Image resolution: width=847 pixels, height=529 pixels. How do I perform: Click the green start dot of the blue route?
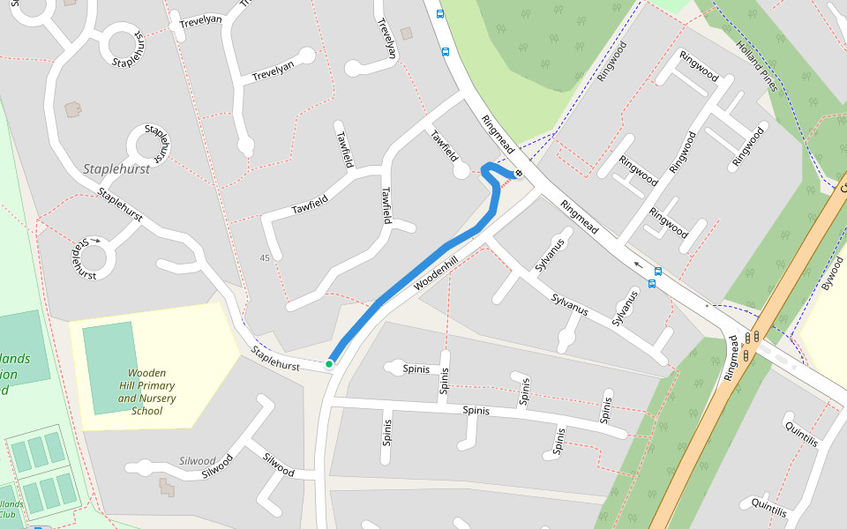[x=329, y=363]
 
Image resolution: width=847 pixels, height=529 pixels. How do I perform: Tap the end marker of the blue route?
[x=519, y=173]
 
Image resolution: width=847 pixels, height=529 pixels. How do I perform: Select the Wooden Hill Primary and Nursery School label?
[x=146, y=391]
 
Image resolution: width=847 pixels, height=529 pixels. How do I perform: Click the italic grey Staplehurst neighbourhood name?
[x=116, y=168]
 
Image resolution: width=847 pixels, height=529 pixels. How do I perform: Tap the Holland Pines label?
[x=757, y=68]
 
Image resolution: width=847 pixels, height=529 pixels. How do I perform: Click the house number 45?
[x=265, y=257]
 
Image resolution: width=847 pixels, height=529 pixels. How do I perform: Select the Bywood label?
[x=832, y=274]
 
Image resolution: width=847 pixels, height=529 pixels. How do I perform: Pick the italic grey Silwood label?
[x=198, y=460]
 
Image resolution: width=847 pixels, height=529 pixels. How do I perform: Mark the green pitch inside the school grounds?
[x=109, y=367]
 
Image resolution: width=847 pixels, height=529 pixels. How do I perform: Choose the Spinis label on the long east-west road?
[x=476, y=410]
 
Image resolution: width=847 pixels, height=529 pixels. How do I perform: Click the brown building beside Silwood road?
[x=165, y=484]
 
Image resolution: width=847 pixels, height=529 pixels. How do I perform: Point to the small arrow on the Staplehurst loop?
[x=95, y=239]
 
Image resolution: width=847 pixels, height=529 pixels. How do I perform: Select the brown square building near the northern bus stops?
[x=407, y=34]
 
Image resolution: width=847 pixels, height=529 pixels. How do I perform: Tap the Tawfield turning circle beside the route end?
[x=461, y=171]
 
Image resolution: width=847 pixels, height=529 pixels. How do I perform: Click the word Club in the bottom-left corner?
[x=7, y=514]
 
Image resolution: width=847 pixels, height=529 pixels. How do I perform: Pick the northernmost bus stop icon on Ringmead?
[x=440, y=13]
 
